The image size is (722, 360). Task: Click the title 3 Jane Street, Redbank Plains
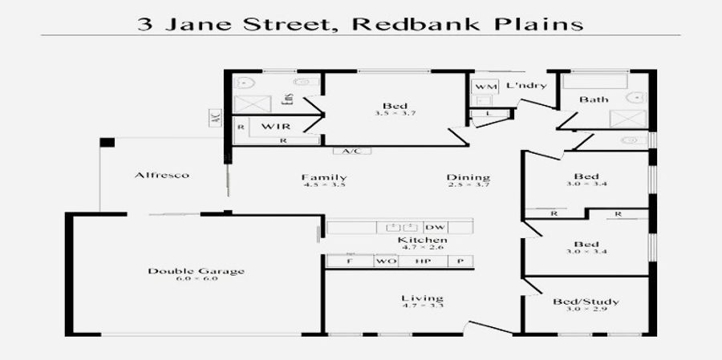(x=360, y=23)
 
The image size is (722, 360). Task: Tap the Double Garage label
(x=196, y=271)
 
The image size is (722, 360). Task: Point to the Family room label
(x=324, y=177)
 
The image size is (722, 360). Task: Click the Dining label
(x=469, y=177)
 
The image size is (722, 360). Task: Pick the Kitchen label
(x=423, y=241)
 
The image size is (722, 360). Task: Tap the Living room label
(x=422, y=299)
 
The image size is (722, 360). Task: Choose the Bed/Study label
(x=586, y=302)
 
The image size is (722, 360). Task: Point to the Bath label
(x=594, y=99)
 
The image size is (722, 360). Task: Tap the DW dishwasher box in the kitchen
(x=436, y=227)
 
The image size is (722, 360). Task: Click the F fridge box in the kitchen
(x=349, y=261)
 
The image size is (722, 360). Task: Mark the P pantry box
(x=460, y=261)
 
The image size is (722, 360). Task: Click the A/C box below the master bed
(x=351, y=151)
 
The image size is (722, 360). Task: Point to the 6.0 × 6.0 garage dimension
(x=196, y=279)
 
